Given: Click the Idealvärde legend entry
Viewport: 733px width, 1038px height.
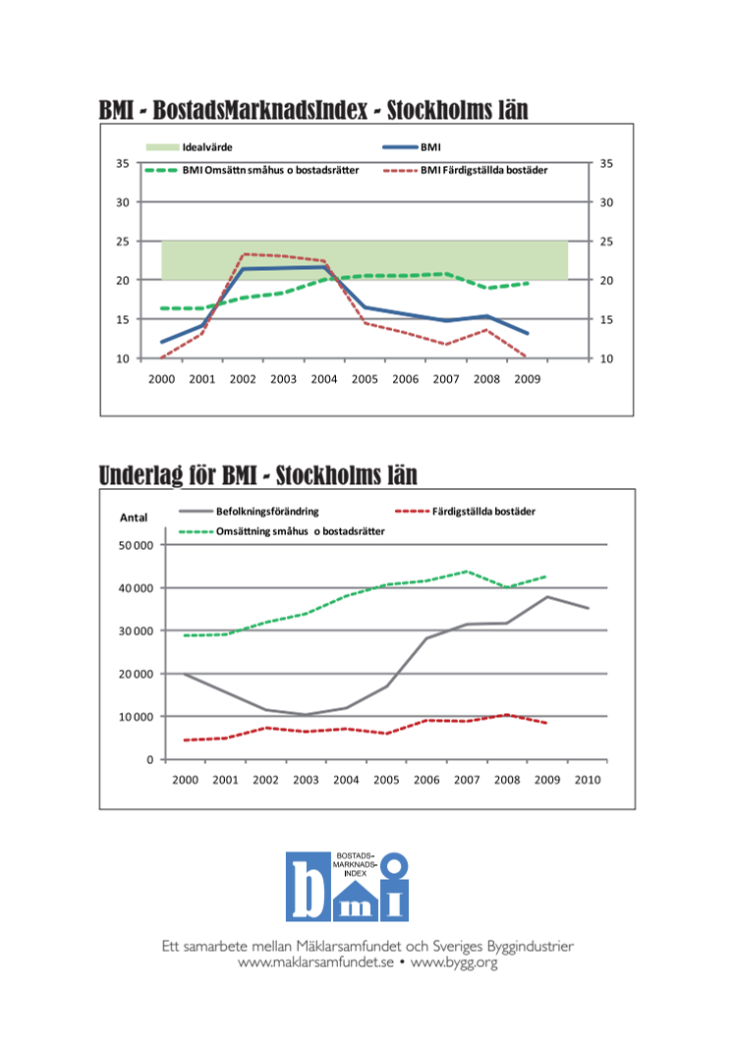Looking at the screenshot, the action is [190, 147].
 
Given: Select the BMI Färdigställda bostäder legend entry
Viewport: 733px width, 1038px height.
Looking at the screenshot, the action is [466, 170].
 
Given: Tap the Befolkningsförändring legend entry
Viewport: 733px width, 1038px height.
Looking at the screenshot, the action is [249, 511].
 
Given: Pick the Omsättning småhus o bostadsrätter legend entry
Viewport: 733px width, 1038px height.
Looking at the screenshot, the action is [281, 531].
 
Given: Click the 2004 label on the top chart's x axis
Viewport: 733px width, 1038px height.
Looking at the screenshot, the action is [324, 379].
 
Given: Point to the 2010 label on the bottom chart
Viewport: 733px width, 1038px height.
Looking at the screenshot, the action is [588, 780].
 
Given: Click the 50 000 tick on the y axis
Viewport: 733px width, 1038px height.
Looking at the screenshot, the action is [136, 545].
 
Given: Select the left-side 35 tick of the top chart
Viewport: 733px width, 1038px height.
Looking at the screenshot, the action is [123, 163].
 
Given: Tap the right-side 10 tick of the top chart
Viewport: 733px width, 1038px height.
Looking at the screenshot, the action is [606, 358].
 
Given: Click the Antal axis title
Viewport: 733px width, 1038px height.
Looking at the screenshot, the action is [134, 518].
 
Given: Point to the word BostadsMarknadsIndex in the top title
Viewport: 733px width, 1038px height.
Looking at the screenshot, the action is [260, 110].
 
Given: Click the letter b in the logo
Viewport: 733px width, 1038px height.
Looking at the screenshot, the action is [308, 887].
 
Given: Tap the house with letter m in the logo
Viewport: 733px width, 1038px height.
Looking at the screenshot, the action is [356, 901].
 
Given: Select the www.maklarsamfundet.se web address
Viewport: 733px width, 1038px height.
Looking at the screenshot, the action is [315, 961].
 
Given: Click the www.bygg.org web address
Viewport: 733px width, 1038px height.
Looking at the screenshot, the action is [454, 962].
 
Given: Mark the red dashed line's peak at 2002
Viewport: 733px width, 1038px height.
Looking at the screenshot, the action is [244, 254].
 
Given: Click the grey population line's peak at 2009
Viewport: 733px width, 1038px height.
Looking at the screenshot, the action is [547, 596].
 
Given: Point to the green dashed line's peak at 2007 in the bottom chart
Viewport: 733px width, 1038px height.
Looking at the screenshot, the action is [466, 572].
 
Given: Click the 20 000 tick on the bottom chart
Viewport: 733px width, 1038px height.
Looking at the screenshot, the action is [136, 674].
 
